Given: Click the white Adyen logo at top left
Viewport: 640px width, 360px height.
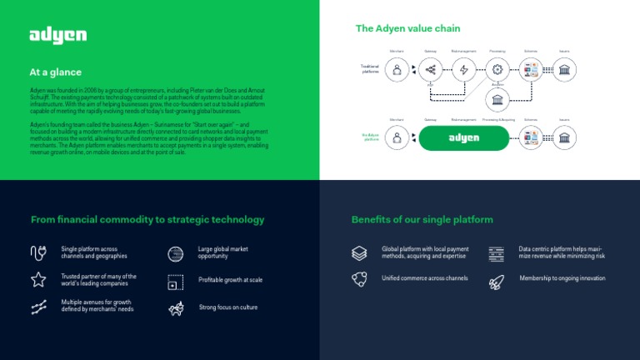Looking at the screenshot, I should click(58, 35).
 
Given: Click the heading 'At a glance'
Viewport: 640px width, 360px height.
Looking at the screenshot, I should click(56, 72).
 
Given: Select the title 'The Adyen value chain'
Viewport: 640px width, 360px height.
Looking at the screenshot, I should click(407, 28).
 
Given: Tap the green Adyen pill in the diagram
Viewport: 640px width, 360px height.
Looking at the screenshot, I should click(463, 138).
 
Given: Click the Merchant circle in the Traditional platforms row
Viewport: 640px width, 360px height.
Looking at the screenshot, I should click(397, 70).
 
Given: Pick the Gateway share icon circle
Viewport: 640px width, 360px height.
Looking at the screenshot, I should click(431, 70).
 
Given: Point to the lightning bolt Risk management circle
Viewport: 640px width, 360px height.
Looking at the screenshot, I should click(464, 70).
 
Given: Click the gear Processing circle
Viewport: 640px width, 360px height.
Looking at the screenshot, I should click(497, 70).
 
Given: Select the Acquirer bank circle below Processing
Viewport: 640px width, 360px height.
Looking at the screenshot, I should click(497, 101).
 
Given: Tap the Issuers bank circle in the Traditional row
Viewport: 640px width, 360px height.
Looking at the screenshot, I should click(565, 70).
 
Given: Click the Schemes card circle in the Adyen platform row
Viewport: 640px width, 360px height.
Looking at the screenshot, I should click(531, 138).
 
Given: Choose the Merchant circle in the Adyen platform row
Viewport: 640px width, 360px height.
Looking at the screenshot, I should click(397, 138).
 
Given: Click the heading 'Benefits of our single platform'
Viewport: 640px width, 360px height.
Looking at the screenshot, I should click(422, 220).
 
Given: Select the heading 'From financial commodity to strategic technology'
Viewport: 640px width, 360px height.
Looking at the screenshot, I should click(147, 220).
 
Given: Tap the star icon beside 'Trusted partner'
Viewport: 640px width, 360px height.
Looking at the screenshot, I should click(38, 279).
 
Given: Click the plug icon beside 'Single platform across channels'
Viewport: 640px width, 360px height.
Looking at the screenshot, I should click(38, 252).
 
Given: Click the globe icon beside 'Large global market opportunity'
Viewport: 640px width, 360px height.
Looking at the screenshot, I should click(175, 253).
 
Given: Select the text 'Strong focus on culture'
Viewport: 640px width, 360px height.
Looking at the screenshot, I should click(228, 307).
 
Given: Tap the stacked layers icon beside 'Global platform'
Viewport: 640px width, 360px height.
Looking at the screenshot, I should click(359, 252).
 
